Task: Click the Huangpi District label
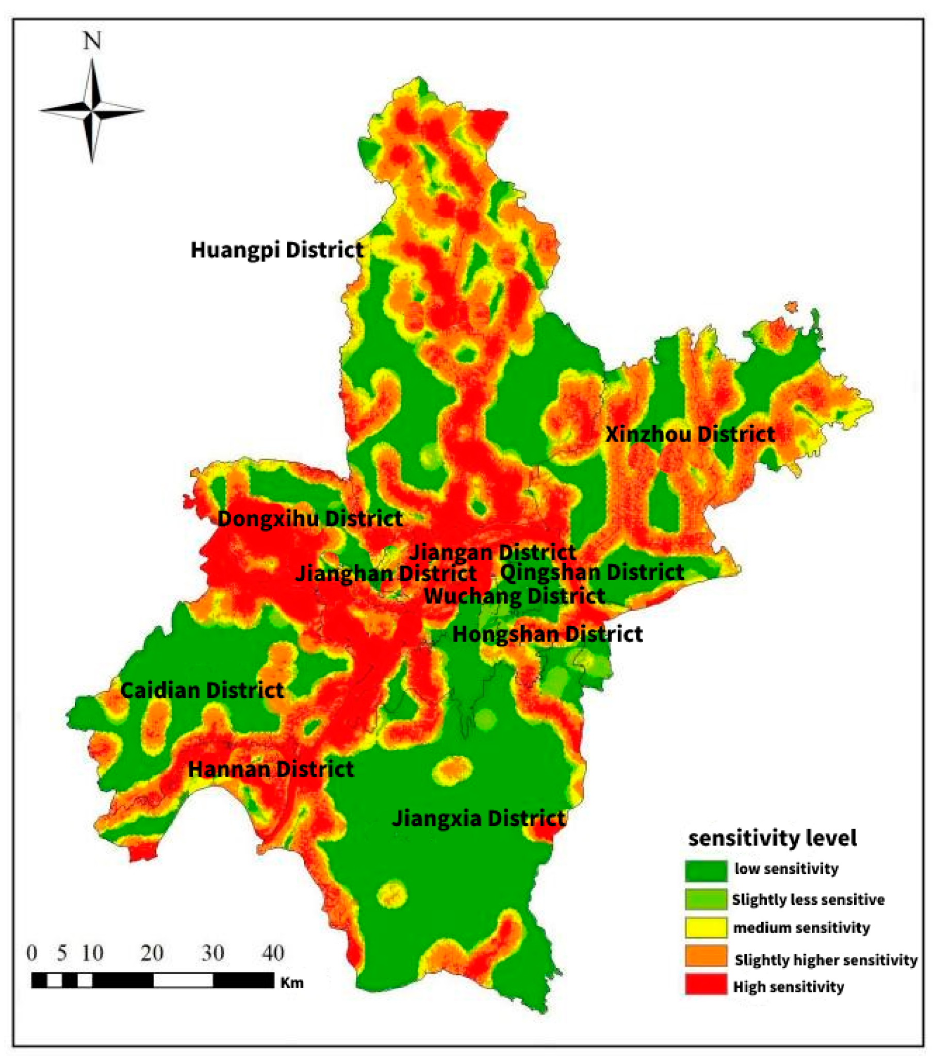[277, 250]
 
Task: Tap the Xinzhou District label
[690, 434]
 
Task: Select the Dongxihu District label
[309, 518]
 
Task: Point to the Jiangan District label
[493, 552]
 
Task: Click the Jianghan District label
[386, 574]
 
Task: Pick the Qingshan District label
[592, 573]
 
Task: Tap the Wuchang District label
[515, 596]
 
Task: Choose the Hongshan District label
[548, 634]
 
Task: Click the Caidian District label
[202, 691]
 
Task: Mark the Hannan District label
[271, 769]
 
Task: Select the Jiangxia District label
[478, 818]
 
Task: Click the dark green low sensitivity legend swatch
[706, 871]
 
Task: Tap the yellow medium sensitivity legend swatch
[706, 928]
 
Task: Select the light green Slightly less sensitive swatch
[706, 899]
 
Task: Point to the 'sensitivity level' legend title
[772, 838]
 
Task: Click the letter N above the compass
[92, 40]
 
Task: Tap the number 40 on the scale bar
[273, 953]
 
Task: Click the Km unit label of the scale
[291, 983]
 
